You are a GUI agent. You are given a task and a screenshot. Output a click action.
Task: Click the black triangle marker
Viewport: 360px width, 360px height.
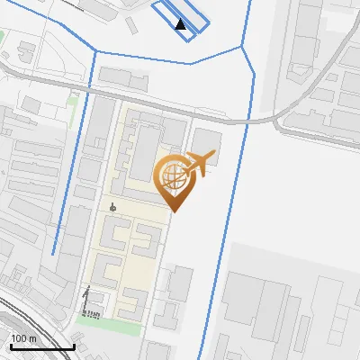coord(181,24)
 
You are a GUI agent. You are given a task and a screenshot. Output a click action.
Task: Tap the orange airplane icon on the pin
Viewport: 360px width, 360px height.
coord(198,164)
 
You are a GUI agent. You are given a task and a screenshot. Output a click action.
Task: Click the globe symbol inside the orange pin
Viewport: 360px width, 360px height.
coord(171,174)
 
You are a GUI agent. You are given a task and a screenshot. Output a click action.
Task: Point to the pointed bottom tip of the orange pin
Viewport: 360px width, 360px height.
coord(173,211)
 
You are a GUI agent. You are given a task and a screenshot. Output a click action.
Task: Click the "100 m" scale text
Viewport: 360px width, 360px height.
coord(24,338)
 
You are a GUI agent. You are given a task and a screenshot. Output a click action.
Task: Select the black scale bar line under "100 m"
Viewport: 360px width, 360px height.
coord(41,346)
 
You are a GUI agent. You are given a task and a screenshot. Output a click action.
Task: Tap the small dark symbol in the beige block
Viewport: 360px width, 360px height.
coord(112,207)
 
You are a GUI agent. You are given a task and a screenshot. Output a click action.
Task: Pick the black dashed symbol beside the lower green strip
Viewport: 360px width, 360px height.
coord(87,301)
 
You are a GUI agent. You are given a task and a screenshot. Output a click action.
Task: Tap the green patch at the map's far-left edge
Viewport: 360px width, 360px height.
coord(3,38)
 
